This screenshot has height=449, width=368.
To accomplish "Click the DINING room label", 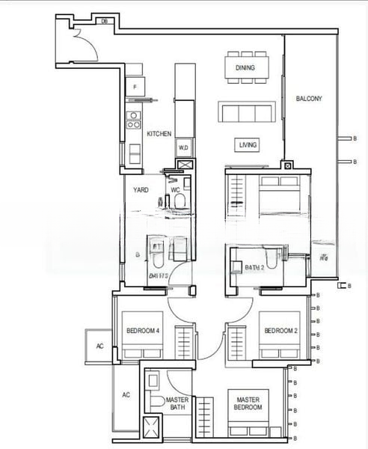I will click(245, 68).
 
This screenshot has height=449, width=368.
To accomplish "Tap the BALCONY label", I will click(308, 99).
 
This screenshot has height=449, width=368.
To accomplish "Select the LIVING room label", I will click(248, 145).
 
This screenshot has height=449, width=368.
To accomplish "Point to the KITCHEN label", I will click(159, 134).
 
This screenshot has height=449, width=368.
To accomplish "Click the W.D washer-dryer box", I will click(184, 147).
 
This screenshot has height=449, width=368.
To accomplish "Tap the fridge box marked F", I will click(135, 88).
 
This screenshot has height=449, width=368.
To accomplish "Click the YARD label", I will click(141, 190).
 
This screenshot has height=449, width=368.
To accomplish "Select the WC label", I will click(176, 190).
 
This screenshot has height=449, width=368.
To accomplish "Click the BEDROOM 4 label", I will click(141, 331).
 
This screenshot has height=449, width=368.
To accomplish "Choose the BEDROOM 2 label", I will click(279, 331).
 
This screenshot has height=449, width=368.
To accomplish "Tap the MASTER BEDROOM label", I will click(248, 404).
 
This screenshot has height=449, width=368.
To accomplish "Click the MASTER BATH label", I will click(177, 404).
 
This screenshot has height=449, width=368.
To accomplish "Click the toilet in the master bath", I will click(156, 402).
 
